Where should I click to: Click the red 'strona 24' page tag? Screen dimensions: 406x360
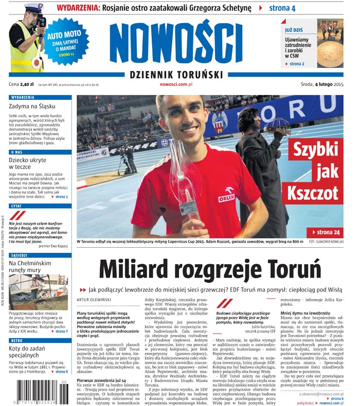point(325,232)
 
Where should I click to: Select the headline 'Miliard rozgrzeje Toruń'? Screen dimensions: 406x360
point(209,268)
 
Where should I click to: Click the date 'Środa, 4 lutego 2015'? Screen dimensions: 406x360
point(322,84)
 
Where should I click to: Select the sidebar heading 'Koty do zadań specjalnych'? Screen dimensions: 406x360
point(31,351)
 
